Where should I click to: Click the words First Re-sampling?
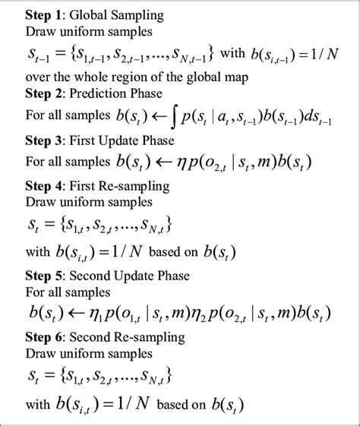(x=114, y=185)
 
